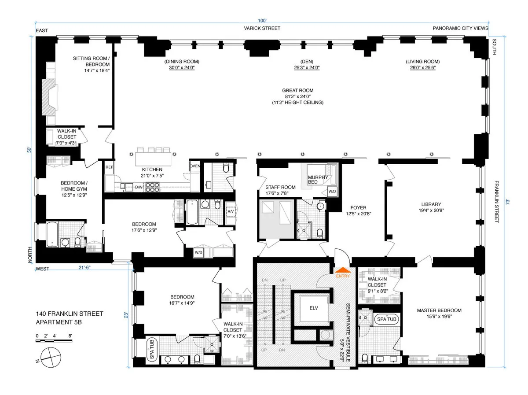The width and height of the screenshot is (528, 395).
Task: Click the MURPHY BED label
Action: [x=318, y=179]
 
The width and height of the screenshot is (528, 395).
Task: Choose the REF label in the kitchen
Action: [x=109, y=167]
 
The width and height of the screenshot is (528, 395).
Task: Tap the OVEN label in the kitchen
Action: [x=195, y=166]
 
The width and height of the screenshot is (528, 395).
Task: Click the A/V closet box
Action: [x=231, y=211]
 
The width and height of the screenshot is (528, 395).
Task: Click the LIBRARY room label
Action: [x=431, y=204]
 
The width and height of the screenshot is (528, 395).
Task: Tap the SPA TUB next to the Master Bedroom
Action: [x=386, y=319]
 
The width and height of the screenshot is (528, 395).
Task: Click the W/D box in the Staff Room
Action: [x=332, y=192]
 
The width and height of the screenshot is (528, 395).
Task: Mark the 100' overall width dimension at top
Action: [x=263, y=20]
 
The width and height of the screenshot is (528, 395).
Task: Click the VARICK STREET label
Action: [x=263, y=28]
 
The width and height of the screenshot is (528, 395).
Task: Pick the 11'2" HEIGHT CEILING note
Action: [x=298, y=103]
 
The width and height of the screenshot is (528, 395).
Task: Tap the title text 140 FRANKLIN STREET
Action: [x=70, y=314]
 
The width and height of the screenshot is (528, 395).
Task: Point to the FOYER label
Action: [x=358, y=208]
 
